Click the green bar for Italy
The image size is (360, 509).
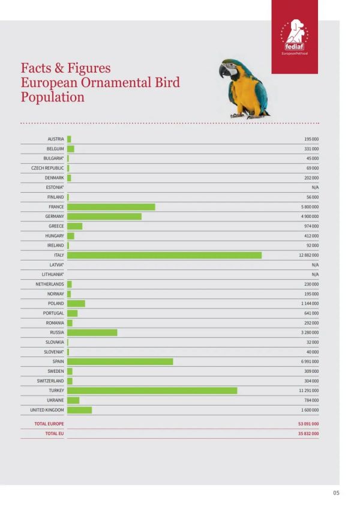(164, 255)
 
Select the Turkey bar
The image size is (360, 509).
(152, 391)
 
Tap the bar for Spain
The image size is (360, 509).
(120, 361)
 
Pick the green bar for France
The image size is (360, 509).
(111, 206)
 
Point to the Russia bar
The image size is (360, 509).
(92, 333)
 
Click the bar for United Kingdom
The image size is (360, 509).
(80, 410)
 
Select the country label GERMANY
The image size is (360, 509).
(55, 216)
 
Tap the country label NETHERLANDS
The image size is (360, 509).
(50, 284)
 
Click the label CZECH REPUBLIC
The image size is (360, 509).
(47, 168)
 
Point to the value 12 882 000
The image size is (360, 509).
(309, 255)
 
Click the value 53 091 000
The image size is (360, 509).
(308, 424)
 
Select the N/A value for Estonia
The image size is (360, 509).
(315, 187)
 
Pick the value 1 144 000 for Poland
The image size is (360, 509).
(310, 304)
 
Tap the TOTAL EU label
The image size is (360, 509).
(55, 433)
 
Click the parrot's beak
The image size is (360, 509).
(223, 71)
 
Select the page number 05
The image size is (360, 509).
(336, 493)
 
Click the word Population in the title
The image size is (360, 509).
(53, 97)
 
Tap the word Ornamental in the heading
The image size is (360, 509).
(116, 82)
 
